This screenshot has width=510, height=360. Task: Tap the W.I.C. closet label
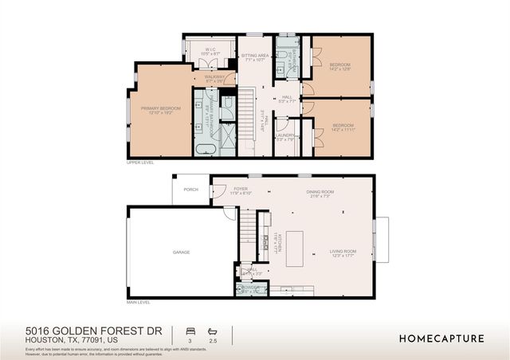click(x=210, y=52)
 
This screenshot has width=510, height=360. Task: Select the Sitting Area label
click(x=256, y=57)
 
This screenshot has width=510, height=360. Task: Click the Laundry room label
click(x=285, y=137)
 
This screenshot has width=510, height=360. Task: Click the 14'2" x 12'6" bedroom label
click(x=340, y=66)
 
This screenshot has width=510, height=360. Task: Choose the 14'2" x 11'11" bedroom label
click(x=343, y=127)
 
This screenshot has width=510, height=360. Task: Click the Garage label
click(x=182, y=252)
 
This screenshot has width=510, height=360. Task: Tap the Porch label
click(x=191, y=190)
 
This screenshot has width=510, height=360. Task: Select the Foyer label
click(x=241, y=191)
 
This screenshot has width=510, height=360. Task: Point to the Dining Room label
click(x=321, y=193)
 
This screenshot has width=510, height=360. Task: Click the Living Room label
click(x=343, y=253)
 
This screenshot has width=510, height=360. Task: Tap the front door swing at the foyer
click(x=218, y=191)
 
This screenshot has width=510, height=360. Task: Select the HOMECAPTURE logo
click(x=441, y=338)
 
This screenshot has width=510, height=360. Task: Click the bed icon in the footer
click(x=190, y=331)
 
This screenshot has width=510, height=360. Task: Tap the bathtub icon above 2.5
click(x=211, y=331)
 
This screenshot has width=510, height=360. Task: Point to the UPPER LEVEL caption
click(x=139, y=162)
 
